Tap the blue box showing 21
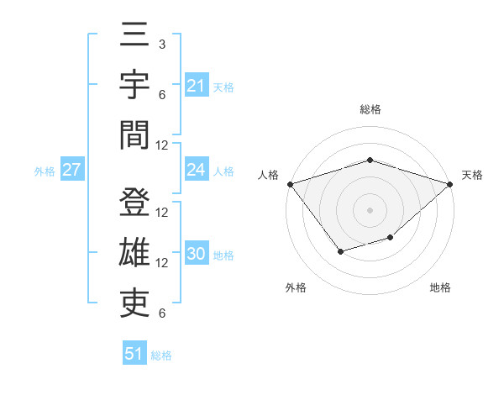(196, 86)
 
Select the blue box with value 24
(196, 170)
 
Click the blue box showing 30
(196, 254)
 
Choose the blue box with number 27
(71, 170)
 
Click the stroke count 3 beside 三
(162, 43)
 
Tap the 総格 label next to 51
(161, 355)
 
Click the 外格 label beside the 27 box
(45, 171)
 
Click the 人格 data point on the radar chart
(290, 184)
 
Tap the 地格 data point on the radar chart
(390, 238)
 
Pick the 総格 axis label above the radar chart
(370, 109)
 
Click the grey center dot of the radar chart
(370, 209)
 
